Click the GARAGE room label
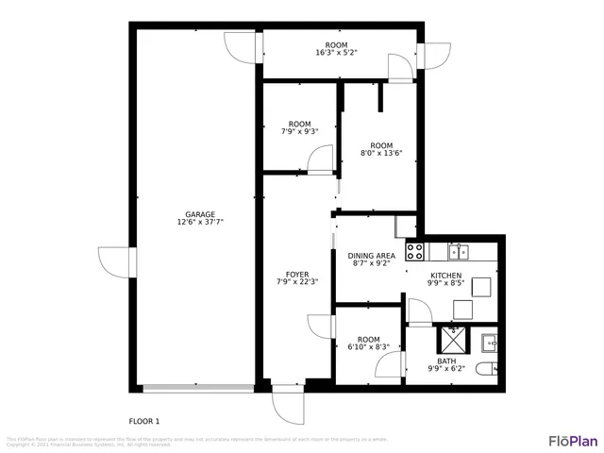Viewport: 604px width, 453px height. point(199,214)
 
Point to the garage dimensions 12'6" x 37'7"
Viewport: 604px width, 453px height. point(199,223)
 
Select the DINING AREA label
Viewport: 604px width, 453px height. point(371,256)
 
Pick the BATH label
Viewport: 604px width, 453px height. point(447,360)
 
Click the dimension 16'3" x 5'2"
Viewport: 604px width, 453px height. point(336,53)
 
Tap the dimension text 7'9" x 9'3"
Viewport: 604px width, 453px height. point(299,132)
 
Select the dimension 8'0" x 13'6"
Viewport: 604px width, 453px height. point(381,152)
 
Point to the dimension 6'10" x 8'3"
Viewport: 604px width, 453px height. point(368,347)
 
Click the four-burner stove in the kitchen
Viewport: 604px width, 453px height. point(413,251)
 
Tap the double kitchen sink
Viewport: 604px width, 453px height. point(459,251)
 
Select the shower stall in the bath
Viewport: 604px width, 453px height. point(452,339)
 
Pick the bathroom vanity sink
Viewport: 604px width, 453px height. point(490,341)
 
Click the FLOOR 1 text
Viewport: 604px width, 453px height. point(144,420)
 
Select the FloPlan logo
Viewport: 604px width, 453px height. point(573,440)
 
